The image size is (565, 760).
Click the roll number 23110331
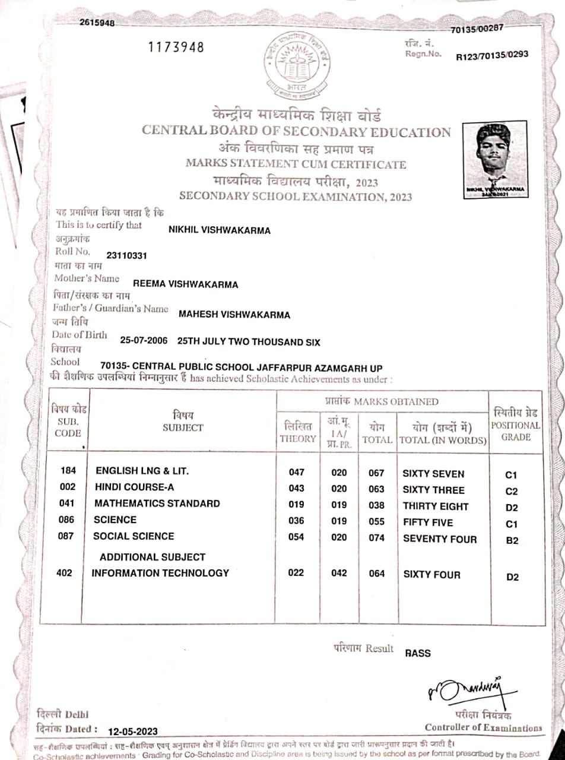[x=126, y=255]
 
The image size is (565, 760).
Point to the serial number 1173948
[x=176, y=47]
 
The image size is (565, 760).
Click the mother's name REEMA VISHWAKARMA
[x=185, y=284]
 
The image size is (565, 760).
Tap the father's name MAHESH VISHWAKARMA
[x=234, y=315]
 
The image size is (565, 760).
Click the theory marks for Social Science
[x=296, y=537]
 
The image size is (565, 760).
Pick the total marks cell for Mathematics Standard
[x=376, y=505]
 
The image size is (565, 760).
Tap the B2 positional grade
[x=512, y=540]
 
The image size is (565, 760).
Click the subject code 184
[x=68, y=471]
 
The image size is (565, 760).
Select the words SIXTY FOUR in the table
[x=431, y=574]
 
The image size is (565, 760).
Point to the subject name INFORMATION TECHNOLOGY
[x=160, y=573]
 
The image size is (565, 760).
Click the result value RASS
[x=418, y=653]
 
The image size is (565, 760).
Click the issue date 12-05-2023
[x=133, y=731]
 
